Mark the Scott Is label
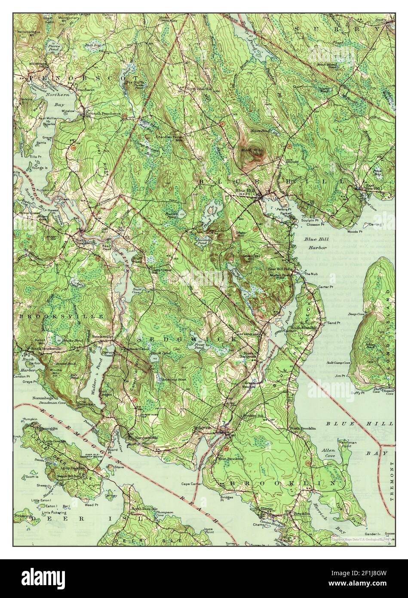click(32, 476)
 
